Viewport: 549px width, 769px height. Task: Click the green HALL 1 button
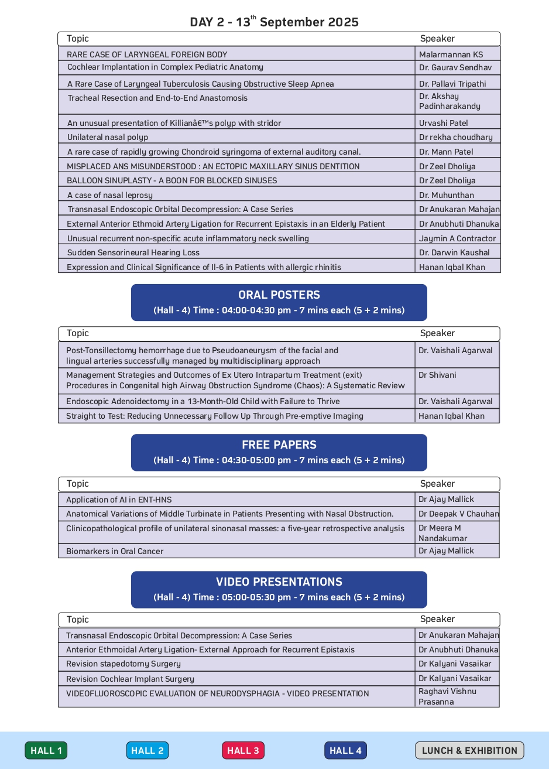click(x=46, y=750)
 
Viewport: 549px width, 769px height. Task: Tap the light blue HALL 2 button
click(x=147, y=750)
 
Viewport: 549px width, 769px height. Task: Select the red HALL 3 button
click(x=243, y=750)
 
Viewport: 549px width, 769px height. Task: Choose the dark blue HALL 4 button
click(x=345, y=750)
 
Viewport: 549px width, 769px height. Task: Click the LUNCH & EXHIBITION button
click(x=469, y=750)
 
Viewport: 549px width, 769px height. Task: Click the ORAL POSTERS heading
click(x=279, y=295)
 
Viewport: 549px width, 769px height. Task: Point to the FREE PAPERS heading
click(x=279, y=445)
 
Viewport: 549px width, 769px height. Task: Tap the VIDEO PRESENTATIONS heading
click(x=279, y=582)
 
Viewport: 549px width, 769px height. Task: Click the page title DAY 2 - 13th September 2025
click(x=274, y=22)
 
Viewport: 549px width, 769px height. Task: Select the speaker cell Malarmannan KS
click(x=451, y=54)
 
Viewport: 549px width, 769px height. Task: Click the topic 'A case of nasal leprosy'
click(x=110, y=195)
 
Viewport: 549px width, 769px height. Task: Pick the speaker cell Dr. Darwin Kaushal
click(x=455, y=252)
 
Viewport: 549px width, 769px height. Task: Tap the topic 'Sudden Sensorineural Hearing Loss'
click(x=133, y=252)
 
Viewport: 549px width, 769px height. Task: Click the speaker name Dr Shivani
click(x=437, y=375)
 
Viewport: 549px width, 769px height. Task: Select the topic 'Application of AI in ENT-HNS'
click(x=119, y=500)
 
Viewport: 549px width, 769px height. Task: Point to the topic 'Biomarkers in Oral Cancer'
click(x=115, y=551)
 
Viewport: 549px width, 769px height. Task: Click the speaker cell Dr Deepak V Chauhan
click(x=459, y=514)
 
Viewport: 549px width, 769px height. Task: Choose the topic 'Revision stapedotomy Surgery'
click(x=123, y=664)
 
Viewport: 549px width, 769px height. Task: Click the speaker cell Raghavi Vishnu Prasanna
click(x=447, y=696)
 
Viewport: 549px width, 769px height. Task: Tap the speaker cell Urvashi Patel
click(x=444, y=123)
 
